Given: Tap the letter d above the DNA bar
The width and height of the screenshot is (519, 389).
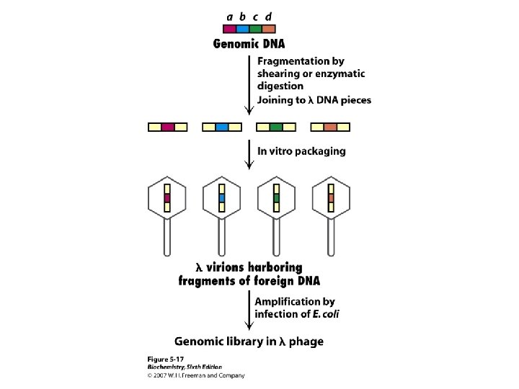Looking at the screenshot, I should (268, 17).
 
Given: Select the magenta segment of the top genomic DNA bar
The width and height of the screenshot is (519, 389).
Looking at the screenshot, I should (230, 30).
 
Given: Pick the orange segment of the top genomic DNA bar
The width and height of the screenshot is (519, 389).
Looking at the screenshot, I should (268, 30).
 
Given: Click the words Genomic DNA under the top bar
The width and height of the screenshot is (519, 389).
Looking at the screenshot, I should (249, 43).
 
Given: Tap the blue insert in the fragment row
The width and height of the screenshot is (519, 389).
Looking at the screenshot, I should (222, 127).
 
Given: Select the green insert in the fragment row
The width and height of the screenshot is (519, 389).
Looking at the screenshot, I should (276, 127).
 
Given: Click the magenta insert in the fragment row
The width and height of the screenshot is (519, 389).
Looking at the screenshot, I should (168, 127).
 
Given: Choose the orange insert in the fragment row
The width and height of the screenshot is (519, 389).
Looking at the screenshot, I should (330, 127).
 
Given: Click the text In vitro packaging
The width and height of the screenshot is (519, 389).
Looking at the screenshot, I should (301, 151).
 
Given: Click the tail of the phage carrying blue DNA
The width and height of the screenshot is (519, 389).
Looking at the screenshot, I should (222, 238).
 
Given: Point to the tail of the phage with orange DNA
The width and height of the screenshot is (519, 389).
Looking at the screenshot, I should (331, 238).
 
